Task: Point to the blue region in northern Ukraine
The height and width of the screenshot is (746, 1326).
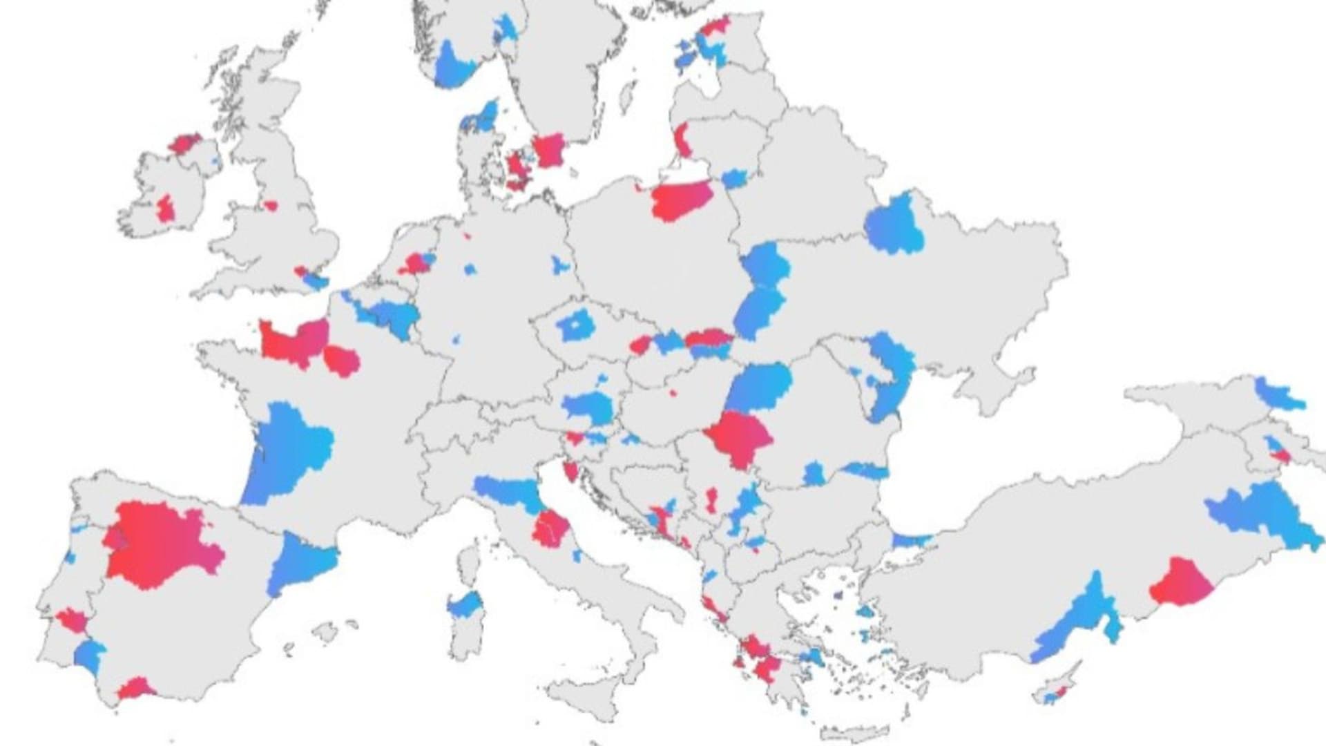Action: (x=894, y=224)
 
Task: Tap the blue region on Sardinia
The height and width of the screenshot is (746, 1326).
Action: (x=465, y=606)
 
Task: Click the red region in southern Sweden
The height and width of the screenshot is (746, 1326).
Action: (x=549, y=150)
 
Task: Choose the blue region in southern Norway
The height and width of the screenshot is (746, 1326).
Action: (x=452, y=66)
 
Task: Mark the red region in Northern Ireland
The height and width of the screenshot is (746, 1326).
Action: (x=184, y=144)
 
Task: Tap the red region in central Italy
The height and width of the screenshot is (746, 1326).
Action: (x=550, y=528)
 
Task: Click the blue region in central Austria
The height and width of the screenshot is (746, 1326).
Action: (x=587, y=408)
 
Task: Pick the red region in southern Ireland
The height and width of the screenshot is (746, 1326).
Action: (x=166, y=209)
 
